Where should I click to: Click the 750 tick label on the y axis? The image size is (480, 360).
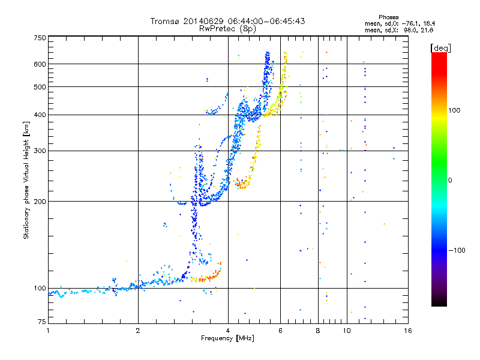[x=40, y=38]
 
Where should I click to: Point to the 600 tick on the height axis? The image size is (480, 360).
[x=40, y=64]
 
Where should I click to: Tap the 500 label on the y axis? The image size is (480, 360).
[x=40, y=87]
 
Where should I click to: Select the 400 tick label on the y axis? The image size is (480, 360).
[x=40, y=115]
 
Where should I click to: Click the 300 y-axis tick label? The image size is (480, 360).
[x=40, y=151]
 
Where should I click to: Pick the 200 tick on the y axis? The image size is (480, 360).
[x=40, y=202]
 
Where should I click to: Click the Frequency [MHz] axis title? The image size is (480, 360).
[x=227, y=338]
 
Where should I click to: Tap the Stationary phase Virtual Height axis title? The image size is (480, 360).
[x=26, y=180]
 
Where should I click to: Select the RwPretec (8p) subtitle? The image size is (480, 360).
[x=227, y=28]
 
